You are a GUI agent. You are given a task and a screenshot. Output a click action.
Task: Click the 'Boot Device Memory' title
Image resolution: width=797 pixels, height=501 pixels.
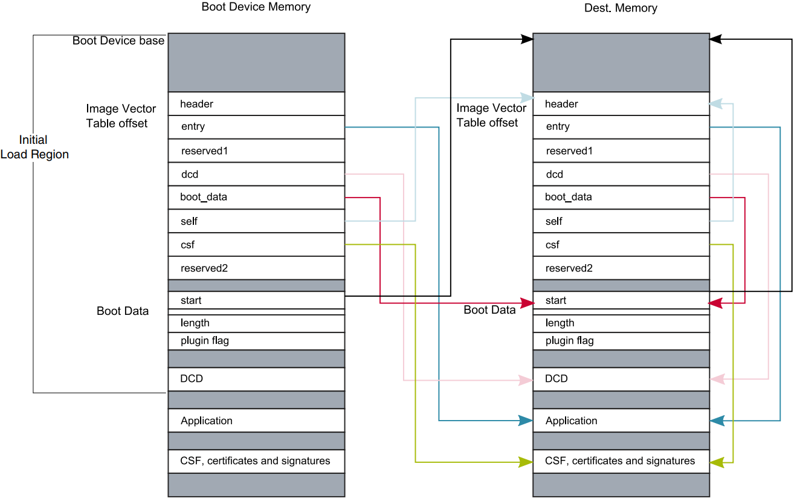pyautogui.click(x=256, y=7)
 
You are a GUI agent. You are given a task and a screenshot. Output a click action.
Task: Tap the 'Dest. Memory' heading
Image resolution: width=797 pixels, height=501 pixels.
pyautogui.click(x=621, y=8)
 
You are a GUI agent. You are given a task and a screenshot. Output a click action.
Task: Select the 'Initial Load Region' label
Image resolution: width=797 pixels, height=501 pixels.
pyautogui.click(x=34, y=147)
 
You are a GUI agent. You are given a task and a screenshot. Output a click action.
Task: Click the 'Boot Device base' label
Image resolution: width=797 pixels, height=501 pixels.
pyautogui.click(x=118, y=40)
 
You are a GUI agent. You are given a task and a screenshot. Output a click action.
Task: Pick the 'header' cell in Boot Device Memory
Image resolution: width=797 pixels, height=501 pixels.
pyautogui.click(x=256, y=103)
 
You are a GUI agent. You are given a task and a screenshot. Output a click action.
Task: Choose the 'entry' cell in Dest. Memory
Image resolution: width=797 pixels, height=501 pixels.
pyautogui.click(x=621, y=127)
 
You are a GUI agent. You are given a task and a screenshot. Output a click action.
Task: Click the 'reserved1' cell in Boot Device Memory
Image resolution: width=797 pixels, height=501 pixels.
pyautogui.click(x=256, y=151)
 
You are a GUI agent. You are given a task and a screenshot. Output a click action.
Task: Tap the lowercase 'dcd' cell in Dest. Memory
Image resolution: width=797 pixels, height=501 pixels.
pyautogui.click(x=621, y=175)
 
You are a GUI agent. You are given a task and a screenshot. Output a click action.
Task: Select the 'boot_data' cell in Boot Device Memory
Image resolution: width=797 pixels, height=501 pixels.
pyautogui.click(x=256, y=198)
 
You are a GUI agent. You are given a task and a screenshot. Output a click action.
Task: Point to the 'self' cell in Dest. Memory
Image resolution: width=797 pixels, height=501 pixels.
pyautogui.click(x=621, y=221)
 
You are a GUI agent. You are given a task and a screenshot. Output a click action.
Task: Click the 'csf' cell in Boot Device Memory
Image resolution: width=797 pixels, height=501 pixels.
pyautogui.click(x=256, y=245)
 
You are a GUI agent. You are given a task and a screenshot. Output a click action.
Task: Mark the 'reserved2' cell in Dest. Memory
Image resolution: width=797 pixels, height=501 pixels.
pyautogui.click(x=621, y=268)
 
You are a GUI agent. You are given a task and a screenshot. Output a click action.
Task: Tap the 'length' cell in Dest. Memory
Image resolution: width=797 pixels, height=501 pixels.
pyautogui.click(x=621, y=323)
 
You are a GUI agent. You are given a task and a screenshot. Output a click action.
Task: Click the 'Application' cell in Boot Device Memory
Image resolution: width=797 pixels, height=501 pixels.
pyautogui.click(x=256, y=421)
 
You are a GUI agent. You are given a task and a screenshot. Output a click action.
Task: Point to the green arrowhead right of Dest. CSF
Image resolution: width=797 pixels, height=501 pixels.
pyautogui.click(x=717, y=462)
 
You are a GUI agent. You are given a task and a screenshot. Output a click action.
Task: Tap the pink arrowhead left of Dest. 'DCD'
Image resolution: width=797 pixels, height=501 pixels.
pyautogui.click(x=526, y=380)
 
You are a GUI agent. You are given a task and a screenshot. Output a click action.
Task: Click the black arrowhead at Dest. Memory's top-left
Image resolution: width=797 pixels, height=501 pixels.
pyautogui.click(x=527, y=39)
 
